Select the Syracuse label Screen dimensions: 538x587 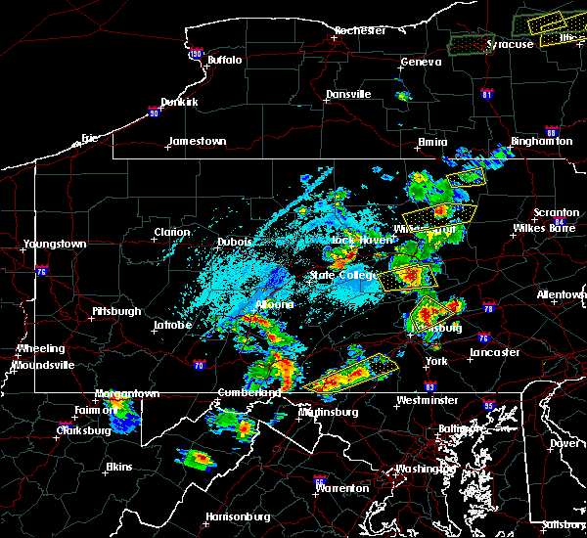510,44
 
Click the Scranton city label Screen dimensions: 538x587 556,213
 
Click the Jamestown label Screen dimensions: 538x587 197,142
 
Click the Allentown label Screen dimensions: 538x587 562,294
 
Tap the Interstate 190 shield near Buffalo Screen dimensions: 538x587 196,54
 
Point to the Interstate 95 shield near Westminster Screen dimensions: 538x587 489,403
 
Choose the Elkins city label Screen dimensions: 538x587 119,467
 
